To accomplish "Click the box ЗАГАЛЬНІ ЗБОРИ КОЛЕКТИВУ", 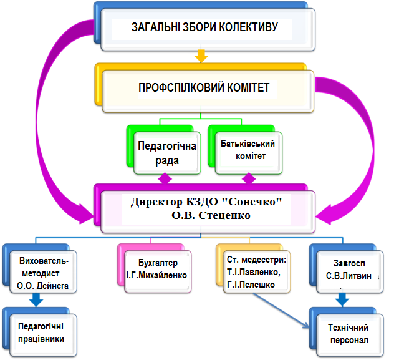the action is [208, 29].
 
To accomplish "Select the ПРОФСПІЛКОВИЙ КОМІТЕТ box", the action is [208, 91].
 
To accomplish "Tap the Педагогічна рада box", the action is [167, 153].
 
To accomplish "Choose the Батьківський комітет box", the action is [248, 153].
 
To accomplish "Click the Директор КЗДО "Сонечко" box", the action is [208, 212].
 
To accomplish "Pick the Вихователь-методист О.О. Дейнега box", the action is [43, 271].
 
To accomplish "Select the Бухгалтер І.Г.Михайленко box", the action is [158, 271].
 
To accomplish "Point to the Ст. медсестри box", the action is [256, 271].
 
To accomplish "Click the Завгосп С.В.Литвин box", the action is [350, 271].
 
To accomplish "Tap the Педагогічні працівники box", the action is [43, 335].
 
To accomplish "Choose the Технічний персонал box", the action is [350, 335].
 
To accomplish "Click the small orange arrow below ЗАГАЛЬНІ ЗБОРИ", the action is [201, 56].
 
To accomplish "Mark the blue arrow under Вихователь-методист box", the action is [36, 300].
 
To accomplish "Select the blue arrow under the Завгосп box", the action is [342, 300].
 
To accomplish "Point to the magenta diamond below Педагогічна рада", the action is [165, 178].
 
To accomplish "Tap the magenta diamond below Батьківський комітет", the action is [249, 178].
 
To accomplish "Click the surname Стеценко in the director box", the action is [224, 215].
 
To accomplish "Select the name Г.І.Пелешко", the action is [251, 285].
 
